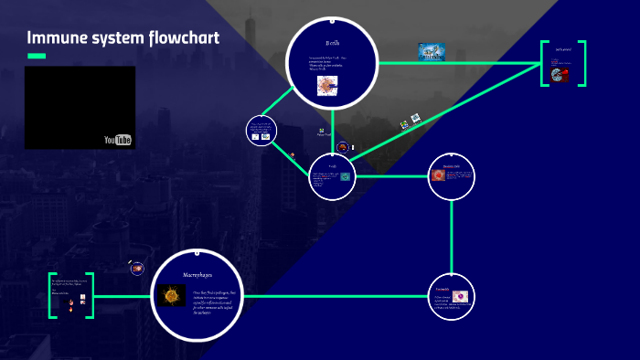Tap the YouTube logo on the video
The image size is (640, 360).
point(118,139)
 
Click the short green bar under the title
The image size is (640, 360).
point(37,56)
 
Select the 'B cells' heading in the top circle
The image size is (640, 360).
point(332,43)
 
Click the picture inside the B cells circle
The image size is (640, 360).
point(327,85)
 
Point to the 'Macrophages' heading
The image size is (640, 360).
point(198,273)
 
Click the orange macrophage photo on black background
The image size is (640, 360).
point(169,296)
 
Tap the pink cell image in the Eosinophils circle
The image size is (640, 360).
point(460,296)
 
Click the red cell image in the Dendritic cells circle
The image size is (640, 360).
point(438,174)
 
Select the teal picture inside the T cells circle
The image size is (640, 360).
point(345,176)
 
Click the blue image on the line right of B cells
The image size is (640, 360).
point(432,52)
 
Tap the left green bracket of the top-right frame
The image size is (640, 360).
point(544,64)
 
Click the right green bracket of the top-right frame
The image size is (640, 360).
point(582,64)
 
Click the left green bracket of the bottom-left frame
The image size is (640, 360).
point(52,295)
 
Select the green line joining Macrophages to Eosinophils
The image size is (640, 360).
point(338,296)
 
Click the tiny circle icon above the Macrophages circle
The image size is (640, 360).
point(136,269)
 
